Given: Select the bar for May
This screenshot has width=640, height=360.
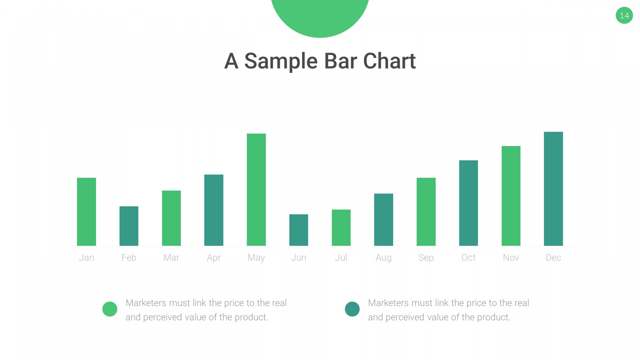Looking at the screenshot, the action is (x=256, y=190).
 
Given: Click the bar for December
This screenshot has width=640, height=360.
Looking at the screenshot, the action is (x=553, y=189).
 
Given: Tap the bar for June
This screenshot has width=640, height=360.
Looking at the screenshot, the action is (x=299, y=230).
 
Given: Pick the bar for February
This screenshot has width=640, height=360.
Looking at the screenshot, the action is (x=129, y=226).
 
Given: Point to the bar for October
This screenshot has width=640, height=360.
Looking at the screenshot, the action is (x=468, y=203).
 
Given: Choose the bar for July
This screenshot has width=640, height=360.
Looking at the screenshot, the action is (x=341, y=228).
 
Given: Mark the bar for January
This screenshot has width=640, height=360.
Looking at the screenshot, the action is (x=86, y=212).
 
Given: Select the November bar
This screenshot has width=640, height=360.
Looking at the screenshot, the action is (x=511, y=196).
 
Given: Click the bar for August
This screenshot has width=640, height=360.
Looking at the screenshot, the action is (x=383, y=220).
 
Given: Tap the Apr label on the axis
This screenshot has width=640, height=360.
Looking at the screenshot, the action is (x=214, y=258).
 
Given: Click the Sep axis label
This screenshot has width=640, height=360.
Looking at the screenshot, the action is (x=426, y=258).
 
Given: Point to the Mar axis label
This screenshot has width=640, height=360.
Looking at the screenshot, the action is (x=171, y=257).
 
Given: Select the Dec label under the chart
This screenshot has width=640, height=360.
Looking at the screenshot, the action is (x=553, y=257).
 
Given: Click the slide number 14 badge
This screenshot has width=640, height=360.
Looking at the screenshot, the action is (x=624, y=15).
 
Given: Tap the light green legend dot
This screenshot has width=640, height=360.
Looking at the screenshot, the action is (x=110, y=309).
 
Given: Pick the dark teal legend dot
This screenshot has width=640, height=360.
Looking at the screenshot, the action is (x=352, y=309).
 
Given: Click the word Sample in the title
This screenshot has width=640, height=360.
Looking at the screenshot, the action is (x=281, y=61).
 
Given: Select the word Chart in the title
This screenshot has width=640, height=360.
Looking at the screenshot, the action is (x=389, y=61).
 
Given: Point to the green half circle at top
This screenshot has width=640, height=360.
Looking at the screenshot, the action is (x=320, y=17).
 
